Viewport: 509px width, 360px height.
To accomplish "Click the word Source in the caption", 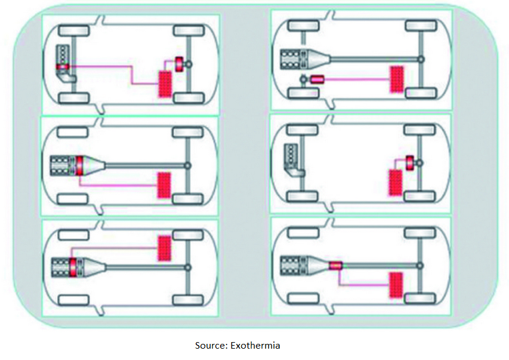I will (208, 345).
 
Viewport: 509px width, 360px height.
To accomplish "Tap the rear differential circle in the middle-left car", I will (187, 165).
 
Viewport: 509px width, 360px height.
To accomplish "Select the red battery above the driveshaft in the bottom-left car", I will (164, 247).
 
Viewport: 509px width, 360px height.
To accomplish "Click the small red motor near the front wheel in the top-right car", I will (316, 79).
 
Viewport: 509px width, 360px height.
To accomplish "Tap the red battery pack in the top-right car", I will (396, 79).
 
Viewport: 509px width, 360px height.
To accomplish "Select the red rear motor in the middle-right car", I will (410, 161).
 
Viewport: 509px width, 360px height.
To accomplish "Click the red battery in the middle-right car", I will (395, 182).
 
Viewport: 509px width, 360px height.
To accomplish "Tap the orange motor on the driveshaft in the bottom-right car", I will (335, 264).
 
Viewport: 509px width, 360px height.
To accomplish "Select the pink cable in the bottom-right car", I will (364, 284).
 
